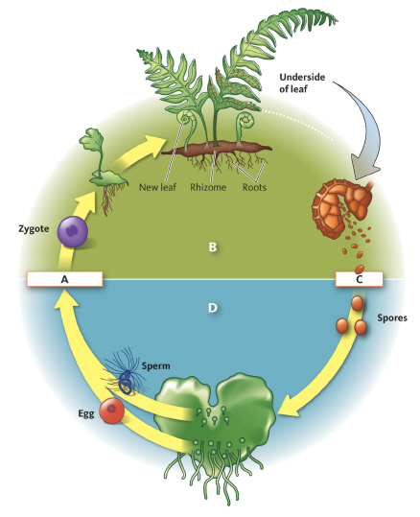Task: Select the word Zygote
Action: (x=35, y=230)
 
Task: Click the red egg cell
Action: (x=113, y=411)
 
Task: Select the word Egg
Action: (x=84, y=415)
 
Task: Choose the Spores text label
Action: (x=392, y=316)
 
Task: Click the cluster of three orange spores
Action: (x=358, y=317)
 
